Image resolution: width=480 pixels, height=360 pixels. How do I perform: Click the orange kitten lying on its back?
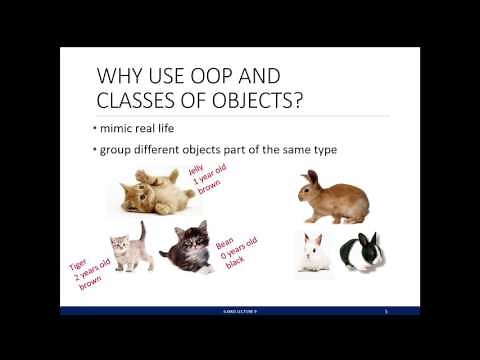tap(158, 191)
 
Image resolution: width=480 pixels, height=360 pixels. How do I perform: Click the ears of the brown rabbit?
tap(312, 177)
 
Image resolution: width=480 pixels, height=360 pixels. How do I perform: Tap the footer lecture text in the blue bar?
tap(240, 311)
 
